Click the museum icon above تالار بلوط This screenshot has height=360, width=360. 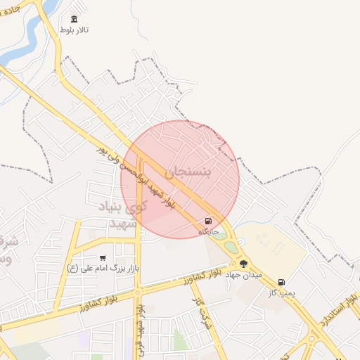coord(74,19)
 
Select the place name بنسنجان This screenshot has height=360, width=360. coord(198,172)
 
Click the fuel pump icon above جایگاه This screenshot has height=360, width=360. coord(208,221)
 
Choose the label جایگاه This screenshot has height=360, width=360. coord(209,231)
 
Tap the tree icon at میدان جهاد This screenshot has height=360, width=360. coord(244,264)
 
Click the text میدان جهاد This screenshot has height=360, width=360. coord(243,275)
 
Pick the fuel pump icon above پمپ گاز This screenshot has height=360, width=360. coord(282,283)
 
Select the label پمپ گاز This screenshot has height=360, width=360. coord(282,292)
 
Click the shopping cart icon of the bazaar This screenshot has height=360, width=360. coord(103,258)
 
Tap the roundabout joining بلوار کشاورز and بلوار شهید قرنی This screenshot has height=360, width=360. coord(139,291)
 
